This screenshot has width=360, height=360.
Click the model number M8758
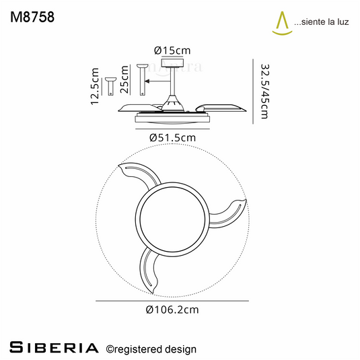(32, 17)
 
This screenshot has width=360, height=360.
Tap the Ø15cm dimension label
(172, 50)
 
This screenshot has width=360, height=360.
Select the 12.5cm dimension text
(95, 86)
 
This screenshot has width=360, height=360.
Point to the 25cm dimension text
(124, 79)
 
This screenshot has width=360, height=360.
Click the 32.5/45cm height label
(264, 92)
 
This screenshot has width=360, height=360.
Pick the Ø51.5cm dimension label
(172, 138)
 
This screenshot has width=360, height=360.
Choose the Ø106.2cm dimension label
(172, 310)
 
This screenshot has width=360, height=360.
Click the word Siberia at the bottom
(55, 348)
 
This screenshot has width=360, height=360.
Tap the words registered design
(155, 349)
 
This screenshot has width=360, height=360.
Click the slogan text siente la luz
(322, 22)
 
